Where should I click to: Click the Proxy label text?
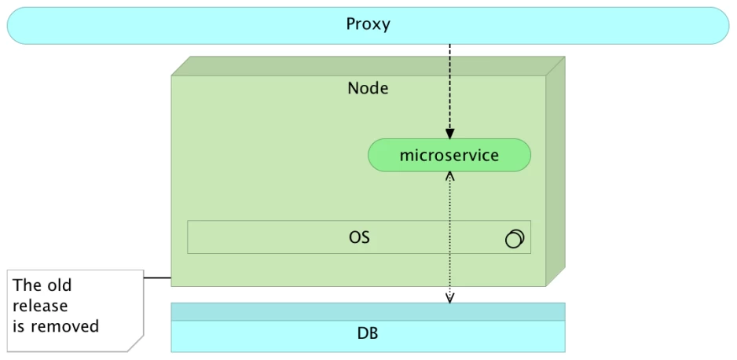pos(368,24)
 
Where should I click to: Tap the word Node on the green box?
pos(368,88)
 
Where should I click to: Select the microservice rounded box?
pos(449,155)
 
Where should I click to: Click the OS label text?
pos(359,237)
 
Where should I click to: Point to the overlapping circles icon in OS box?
pos(515,238)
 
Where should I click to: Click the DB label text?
pos(368,334)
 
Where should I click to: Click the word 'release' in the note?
pos(40,306)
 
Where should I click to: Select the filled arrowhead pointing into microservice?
pos(449,134)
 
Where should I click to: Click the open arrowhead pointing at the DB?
pos(449,298)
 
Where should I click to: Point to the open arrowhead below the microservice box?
pos(449,177)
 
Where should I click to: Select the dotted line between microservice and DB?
pos(449,237)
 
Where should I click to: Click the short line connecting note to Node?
pos(157,277)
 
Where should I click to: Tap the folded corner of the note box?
pos(136,344)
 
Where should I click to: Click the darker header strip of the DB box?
pos(368,311)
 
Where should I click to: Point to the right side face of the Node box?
pos(555,171)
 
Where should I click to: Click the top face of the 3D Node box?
pos(368,66)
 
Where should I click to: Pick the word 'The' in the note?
pos(27,285)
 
